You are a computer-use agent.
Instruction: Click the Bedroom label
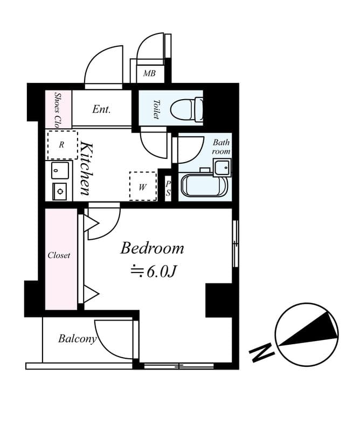tap(152, 248)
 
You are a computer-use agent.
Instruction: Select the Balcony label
tap(77, 339)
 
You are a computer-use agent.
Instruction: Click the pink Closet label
tap(59, 255)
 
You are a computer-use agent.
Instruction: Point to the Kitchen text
tap(86, 168)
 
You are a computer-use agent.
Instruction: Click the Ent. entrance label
tap(101, 109)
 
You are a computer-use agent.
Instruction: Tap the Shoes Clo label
tap(58, 110)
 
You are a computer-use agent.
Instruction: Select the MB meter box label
tap(149, 73)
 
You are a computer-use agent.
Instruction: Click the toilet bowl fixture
tap(185, 109)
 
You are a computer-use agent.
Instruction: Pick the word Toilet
tap(157, 109)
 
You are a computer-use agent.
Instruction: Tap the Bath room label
tap(221, 147)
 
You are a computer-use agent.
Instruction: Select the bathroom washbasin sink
tap(221, 168)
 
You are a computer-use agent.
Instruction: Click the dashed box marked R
tap(62, 145)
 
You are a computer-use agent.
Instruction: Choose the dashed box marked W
tap(142, 186)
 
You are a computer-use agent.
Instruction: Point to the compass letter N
tap(261, 353)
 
